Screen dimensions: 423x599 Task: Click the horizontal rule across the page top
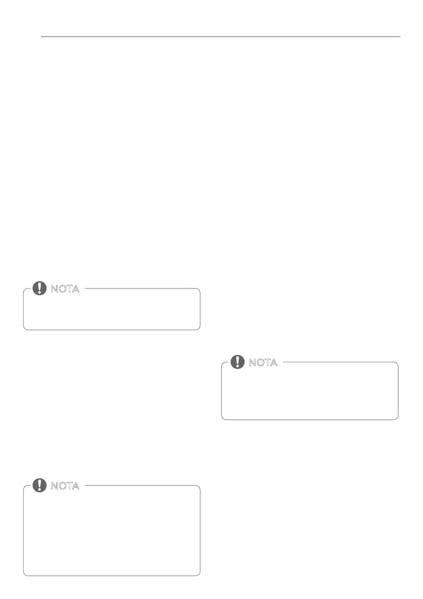coord(221,37)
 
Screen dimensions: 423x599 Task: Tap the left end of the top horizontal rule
coord(42,37)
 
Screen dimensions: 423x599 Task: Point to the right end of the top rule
coord(400,37)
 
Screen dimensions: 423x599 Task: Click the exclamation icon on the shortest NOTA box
coord(39,288)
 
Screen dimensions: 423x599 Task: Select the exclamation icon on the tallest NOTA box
coord(39,485)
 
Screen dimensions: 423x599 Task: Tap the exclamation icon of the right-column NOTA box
coord(237,362)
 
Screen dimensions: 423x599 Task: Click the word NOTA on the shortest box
coord(65,289)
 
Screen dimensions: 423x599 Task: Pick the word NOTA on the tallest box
coord(65,486)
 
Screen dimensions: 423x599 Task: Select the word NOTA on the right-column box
coord(263,363)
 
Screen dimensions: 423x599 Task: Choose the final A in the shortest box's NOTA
coord(75,289)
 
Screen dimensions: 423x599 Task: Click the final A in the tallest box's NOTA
coord(75,486)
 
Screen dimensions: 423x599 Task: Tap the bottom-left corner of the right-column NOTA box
coord(223,418)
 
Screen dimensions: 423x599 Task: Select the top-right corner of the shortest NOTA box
coord(199,290)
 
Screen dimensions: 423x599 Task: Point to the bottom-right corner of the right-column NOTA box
coord(397,418)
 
